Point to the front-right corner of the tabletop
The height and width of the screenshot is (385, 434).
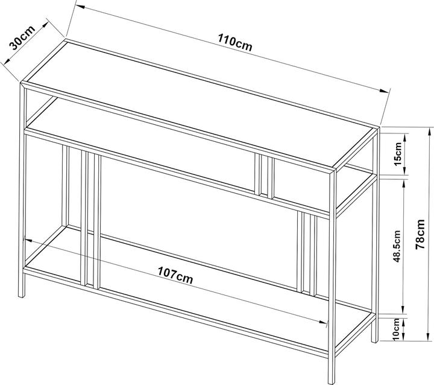pos(333,170)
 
